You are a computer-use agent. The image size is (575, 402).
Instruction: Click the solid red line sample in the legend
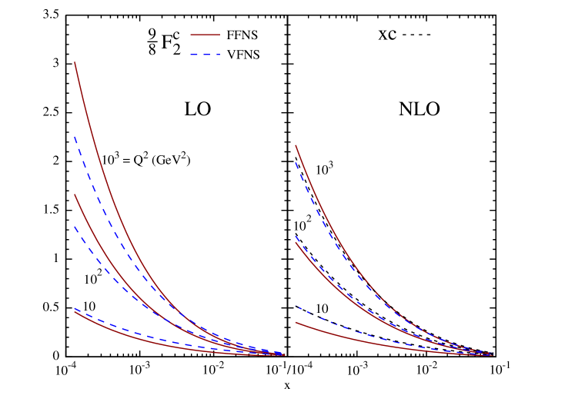click(x=206, y=35)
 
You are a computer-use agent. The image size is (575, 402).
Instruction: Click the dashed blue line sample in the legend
click(x=206, y=55)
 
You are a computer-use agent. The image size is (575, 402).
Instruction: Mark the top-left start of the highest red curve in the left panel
click(x=75, y=62)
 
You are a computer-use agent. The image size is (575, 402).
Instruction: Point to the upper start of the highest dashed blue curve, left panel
click(x=75, y=137)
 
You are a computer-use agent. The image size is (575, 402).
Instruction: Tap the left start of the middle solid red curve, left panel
click(x=75, y=194)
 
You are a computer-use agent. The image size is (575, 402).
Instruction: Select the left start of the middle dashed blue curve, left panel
click(x=75, y=227)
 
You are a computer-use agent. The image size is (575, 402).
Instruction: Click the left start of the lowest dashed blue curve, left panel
click(x=75, y=309)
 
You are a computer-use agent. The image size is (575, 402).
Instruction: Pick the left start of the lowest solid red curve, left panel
click(x=75, y=312)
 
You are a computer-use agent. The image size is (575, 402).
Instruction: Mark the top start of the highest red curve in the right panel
click(x=296, y=145)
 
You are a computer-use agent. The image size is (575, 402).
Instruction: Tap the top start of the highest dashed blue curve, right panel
click(x=296, y=162)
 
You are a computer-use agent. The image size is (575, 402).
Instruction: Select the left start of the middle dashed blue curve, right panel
click(x=296, y=235)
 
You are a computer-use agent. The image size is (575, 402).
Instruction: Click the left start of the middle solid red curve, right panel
click(x=296, y=244)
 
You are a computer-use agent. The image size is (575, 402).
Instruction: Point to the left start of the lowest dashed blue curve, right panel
click(x=297, y=307)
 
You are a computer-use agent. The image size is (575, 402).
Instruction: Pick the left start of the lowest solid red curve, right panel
click(x=296, y=323)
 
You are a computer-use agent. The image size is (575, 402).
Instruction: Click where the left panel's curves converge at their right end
click(x=283, y=354)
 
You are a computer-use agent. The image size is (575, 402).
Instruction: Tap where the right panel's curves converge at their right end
click(x=491, y=354)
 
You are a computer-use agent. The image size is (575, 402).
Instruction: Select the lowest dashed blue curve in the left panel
click(x=154, y=337)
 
